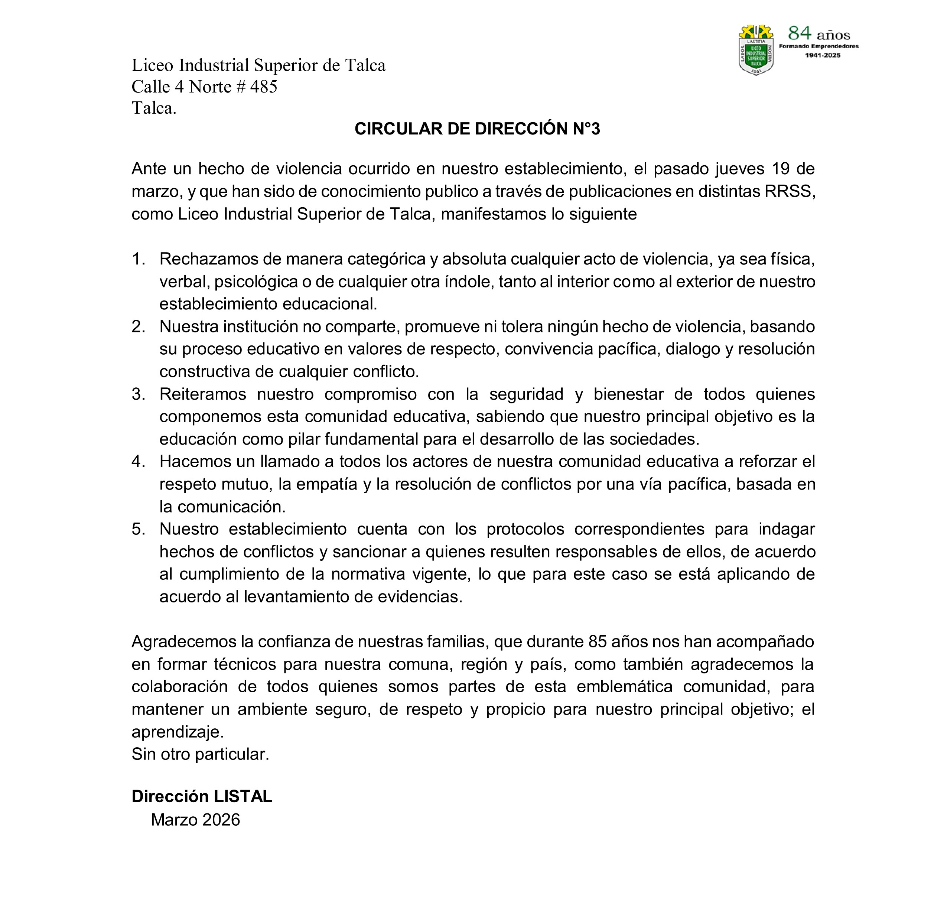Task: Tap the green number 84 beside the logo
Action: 800,33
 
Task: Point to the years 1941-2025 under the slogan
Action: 823,55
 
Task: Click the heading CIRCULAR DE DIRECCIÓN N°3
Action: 477,129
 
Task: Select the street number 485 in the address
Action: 264,87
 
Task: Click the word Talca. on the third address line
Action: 154,108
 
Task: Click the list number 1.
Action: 138,259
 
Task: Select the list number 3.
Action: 138,394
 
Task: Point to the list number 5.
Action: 138,529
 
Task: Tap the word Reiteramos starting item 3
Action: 202,394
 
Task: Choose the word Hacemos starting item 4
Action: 195,461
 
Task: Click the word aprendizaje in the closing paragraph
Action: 177,732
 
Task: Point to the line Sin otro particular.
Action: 200,754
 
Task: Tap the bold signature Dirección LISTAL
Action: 202,796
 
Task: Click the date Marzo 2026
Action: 195,820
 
